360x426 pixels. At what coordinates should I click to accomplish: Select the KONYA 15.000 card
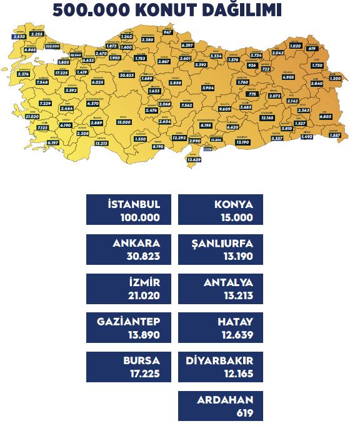coord(221,210)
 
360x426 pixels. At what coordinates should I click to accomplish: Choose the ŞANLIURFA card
coord(221,249)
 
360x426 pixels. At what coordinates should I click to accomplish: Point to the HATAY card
coord(221,328)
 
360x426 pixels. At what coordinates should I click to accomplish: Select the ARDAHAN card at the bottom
coord(221,406)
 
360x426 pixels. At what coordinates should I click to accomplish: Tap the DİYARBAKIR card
coord(221,367)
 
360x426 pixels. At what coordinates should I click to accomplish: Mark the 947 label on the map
coord(167,32)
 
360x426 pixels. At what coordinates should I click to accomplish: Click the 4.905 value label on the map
coord(289,77)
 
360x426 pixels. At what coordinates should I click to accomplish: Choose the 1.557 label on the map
coord(334,135)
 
